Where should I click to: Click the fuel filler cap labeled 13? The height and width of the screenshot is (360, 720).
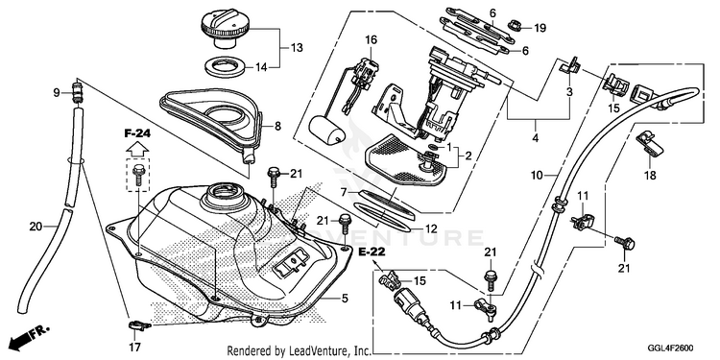[225, 29]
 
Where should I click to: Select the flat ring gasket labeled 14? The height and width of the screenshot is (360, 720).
[224, 67]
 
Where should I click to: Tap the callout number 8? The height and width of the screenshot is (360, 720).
[277, 127]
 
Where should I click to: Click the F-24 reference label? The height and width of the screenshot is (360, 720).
[137, 134]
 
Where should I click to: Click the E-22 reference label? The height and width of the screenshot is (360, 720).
[372, 252]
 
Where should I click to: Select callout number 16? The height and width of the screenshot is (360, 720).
[371, 40]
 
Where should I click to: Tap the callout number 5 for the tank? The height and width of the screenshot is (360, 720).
[345, 299]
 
